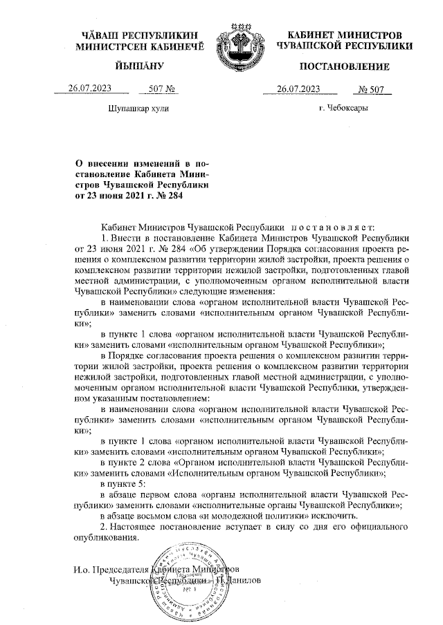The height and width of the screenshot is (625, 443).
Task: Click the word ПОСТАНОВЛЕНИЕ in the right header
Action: point(344,67)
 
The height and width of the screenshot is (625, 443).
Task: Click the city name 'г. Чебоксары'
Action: point(343,109)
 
